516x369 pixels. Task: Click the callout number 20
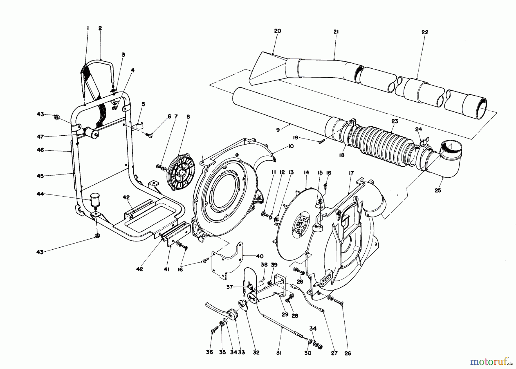click(x=277, y=31)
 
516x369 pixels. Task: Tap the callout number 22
click(x=425, y=33)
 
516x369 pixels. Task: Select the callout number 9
click(x=278, y=130)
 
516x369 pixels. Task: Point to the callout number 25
click(x=438, y=190)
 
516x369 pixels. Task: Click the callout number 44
click(x=40, y=194)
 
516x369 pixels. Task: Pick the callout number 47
click(x=40, y=137)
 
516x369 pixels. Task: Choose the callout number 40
click(x=260, y=256)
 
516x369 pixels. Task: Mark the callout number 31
click(x=279, y=353)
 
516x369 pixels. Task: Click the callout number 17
click(x=351, y=173)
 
